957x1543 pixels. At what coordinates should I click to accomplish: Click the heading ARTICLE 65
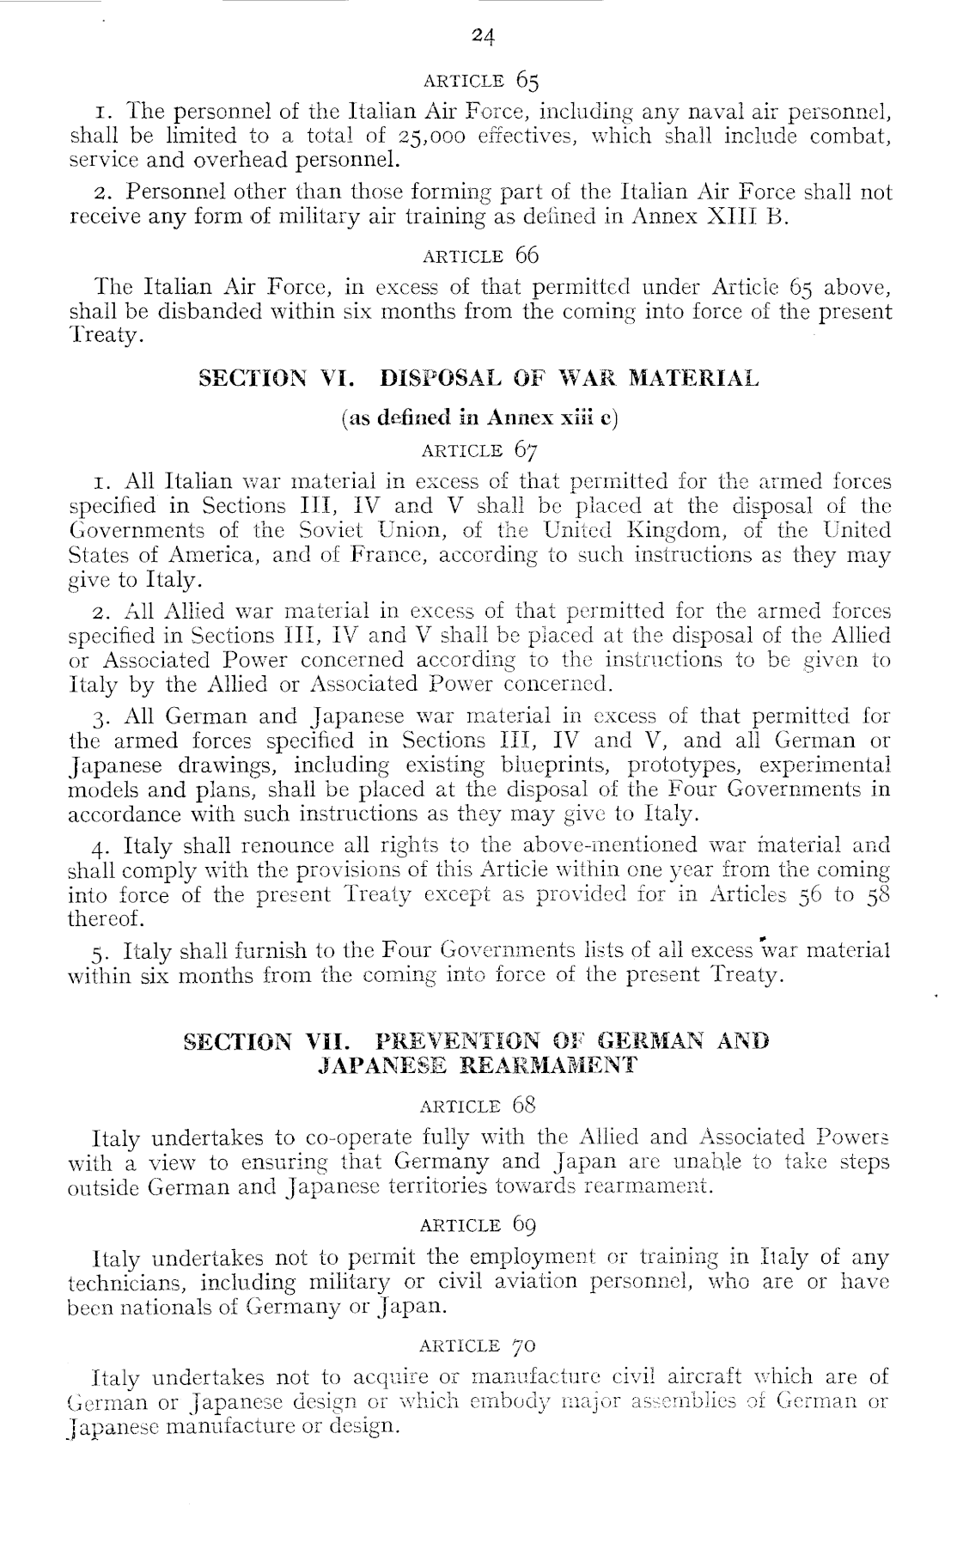[x=481, y=82]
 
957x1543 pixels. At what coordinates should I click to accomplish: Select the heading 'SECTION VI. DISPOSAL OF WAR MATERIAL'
[x=479, y=378]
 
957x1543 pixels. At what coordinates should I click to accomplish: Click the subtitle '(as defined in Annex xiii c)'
[x=479, y=418]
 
